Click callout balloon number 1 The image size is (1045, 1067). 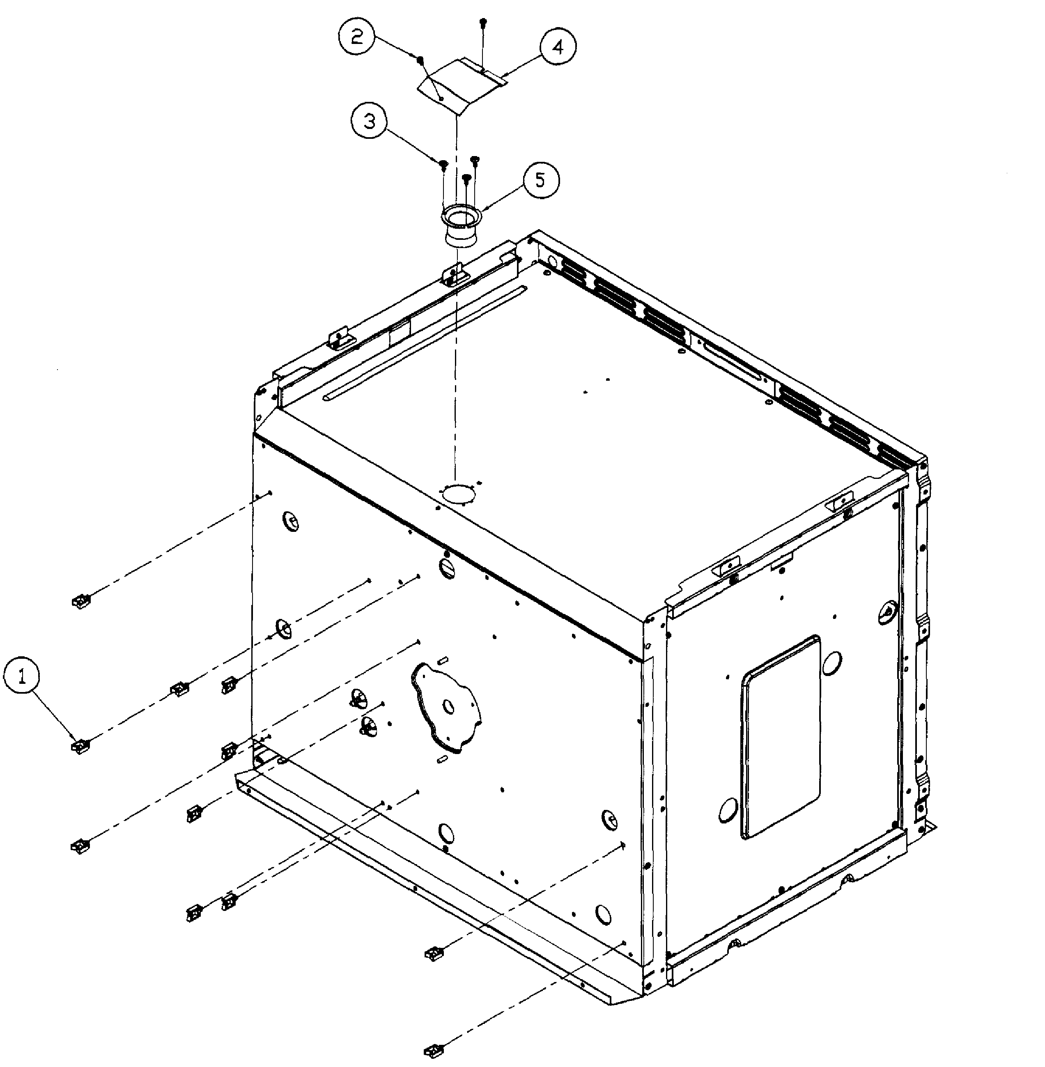(22, 676)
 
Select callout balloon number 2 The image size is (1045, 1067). (357, 37)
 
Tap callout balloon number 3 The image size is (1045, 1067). (370, 121)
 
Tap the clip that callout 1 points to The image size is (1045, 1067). (80, 747)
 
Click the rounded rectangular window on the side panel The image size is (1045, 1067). (781, 737)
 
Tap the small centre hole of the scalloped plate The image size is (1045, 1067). (449, 707)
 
